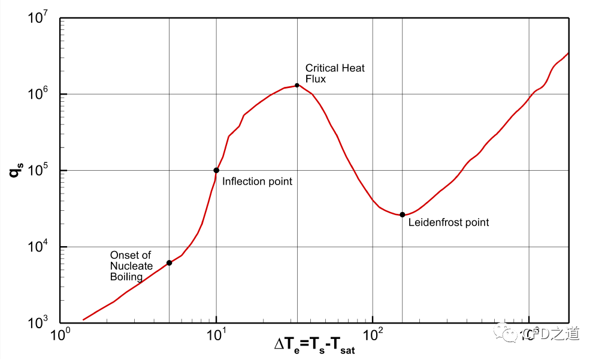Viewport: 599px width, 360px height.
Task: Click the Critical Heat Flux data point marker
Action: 297,85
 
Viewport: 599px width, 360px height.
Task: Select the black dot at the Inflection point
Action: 216,170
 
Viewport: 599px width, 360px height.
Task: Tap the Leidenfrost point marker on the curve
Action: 403,214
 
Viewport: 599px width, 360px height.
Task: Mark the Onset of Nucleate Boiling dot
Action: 170,263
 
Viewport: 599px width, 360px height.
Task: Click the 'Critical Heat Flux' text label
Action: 335,73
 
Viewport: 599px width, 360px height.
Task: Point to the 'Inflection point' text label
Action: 257,181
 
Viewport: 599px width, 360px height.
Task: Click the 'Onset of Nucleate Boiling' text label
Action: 131,266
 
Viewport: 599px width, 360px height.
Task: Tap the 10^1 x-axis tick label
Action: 216,334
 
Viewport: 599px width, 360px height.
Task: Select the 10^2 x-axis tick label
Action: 373,334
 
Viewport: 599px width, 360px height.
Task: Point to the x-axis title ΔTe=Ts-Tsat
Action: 314,346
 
